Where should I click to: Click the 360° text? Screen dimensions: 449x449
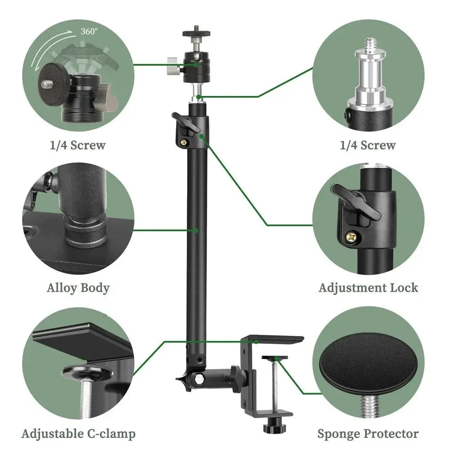[x=89, y=32]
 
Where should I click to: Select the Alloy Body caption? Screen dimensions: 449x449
[x=78, y=288]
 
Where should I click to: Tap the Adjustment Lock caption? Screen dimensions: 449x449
[x=368, y=288]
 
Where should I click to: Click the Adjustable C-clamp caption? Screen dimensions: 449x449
[x=78, y=434]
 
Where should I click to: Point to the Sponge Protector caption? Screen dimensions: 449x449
[x=368, y=434]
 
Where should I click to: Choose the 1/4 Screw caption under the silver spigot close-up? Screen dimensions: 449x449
[x=368, y=145]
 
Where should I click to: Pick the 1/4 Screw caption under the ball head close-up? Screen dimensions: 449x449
[x=78, y=145]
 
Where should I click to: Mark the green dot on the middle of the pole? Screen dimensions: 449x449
[x=196, y=230]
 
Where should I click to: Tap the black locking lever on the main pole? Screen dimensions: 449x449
[x=184, y=122]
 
